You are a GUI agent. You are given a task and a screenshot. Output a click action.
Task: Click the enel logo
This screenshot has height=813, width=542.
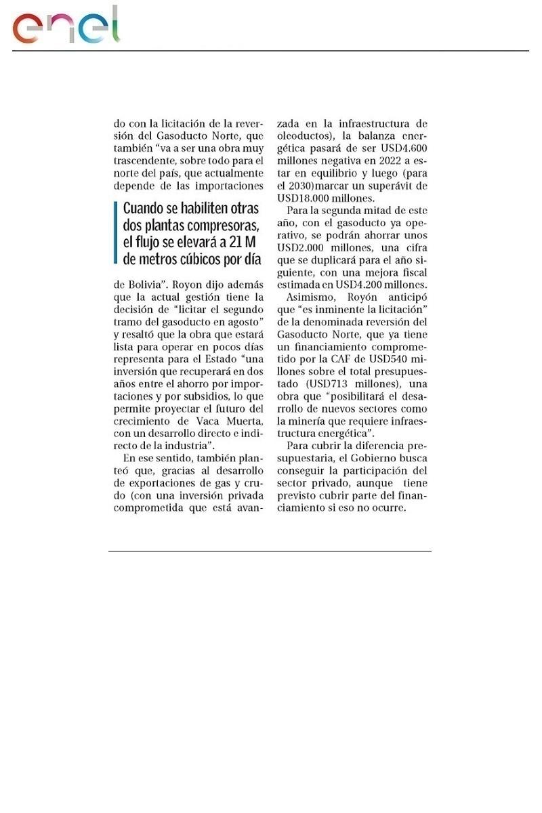[66, 27]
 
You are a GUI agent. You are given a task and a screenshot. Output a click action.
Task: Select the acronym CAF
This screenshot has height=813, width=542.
[369, 358]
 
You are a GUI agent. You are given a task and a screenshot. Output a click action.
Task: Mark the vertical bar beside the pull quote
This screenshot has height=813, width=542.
[117, 233]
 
